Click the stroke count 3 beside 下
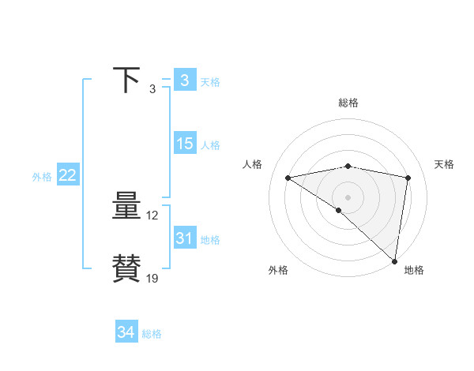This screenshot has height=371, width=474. click(152, 88)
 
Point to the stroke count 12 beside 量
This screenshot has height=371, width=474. click(152, 215)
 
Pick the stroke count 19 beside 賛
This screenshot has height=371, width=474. click(152, 278)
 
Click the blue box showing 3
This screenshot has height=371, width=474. click(184, 81)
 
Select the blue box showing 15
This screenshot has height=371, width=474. click(184, 144)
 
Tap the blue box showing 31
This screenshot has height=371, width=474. click(184, 238)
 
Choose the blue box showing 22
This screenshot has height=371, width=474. click(67, 175)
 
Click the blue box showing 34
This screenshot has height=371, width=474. click(126, 332)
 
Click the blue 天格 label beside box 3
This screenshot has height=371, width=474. click(209, 82)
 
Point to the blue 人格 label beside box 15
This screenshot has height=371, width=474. click(209, 145)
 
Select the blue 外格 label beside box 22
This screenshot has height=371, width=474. click(42, 177)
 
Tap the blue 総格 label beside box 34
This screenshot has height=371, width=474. click(152, 334)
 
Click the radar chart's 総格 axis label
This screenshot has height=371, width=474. click(348, 103)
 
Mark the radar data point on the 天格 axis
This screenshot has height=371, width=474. click(408, 178)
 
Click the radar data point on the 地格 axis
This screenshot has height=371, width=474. click(394, 260)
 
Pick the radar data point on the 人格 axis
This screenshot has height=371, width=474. click(288, 178)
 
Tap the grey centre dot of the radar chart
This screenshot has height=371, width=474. click(348, 197)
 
